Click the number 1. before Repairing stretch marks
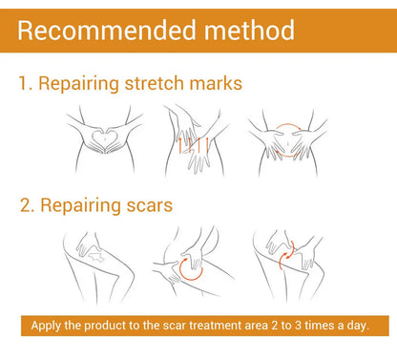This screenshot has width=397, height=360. click(x=25, y=84)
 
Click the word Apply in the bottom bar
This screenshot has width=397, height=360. click(x=47, y=325)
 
